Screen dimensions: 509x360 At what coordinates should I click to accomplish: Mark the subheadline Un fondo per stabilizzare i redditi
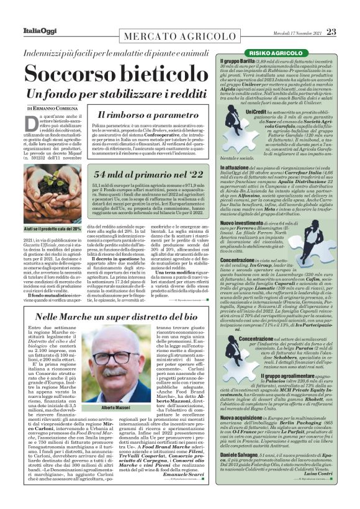(x=110, y=96)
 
